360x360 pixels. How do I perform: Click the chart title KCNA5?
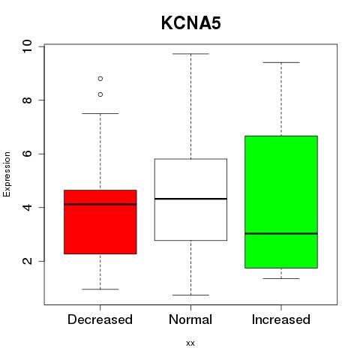coord(191,23)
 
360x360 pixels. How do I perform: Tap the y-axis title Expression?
coord(7,174)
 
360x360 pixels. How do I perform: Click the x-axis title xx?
coord(190,343)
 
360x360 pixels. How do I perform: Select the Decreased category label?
coord(100,319)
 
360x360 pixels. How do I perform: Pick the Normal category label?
coord(190,319)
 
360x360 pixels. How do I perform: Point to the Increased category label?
coord(281,319)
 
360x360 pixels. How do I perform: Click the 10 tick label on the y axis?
coord(27,46)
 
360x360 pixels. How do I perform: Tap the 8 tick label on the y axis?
coord(27,100)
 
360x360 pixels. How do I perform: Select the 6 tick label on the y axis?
coord(27,154)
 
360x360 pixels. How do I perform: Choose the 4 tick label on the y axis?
coord(27,208)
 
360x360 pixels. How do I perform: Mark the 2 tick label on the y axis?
coord(27,261)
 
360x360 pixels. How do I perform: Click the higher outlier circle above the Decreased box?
coord(100,79)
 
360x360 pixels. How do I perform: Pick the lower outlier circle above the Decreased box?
coord(100,94)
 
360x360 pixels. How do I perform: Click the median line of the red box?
coord(100,204)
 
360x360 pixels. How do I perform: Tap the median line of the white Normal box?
coord(190,199)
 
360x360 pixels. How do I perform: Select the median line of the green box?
coord(281,233)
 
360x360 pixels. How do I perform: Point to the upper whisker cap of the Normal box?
coord(190,54)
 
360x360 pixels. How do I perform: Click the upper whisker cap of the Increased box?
coord(281,62)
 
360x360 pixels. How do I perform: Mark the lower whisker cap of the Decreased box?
coord(100,289)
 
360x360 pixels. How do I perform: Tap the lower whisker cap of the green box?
coord(281,278)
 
